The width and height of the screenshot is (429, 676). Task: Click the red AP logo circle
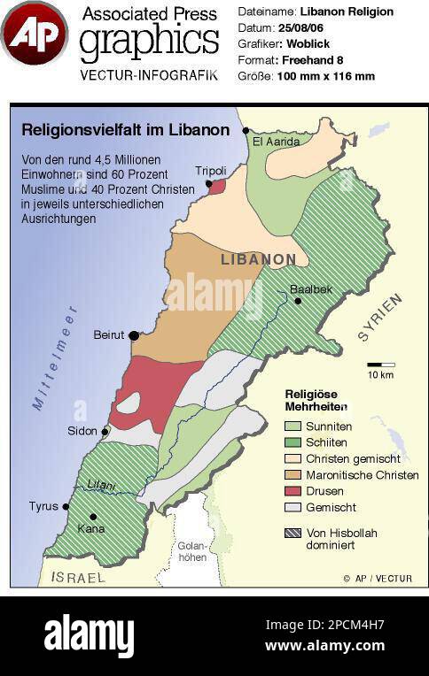pos(34,34)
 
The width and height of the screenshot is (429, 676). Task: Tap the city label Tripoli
pos(210,171)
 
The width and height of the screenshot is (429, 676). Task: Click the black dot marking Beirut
pos(133,335)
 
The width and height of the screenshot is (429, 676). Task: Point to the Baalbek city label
pos(310,289)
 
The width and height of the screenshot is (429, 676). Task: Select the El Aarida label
pos(276,141)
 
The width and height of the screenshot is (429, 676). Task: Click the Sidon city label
pos(82,431)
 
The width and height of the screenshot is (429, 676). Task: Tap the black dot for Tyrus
pos(66,507)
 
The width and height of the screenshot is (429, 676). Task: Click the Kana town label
pos(91,529)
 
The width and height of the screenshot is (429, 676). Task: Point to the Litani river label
pos(100,484)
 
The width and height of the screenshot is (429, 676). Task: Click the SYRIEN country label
pos(379,320)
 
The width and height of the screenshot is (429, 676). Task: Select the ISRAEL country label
pos(78,577)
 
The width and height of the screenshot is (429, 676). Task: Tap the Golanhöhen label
pos(191,551)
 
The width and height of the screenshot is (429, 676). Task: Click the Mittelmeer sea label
pos(55,357)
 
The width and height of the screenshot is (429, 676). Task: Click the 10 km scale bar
pos(381,365)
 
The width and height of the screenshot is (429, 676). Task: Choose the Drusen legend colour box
pos(292,491)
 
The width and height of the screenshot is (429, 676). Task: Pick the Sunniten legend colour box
pos(292,426)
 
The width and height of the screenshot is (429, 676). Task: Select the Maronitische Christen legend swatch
pos(292,475)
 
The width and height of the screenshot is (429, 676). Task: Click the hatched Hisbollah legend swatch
pos(292,533)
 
